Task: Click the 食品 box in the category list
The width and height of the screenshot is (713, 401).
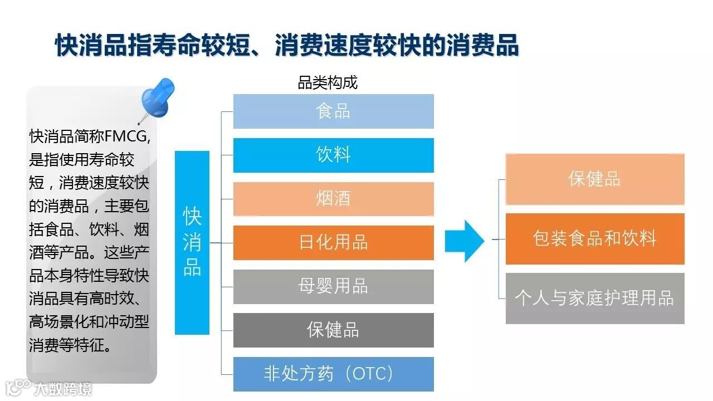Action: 333,111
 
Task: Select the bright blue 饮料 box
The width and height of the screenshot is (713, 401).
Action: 333,155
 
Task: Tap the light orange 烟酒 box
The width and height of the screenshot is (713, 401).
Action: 333,199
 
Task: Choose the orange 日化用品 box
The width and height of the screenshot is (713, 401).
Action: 333,243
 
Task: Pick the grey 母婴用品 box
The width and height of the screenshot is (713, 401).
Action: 333,286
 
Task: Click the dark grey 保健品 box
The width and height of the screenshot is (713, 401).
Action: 333,330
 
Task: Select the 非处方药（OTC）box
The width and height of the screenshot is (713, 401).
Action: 333,373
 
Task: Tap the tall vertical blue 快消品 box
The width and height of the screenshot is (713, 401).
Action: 192,242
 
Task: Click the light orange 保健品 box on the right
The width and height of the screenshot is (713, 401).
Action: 594,179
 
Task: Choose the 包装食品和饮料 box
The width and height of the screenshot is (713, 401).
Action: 594,238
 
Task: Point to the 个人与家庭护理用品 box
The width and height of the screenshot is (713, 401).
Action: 594,298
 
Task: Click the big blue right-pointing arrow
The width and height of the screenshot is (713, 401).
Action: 465,241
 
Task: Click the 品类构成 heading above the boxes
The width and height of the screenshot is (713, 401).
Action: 328,84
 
